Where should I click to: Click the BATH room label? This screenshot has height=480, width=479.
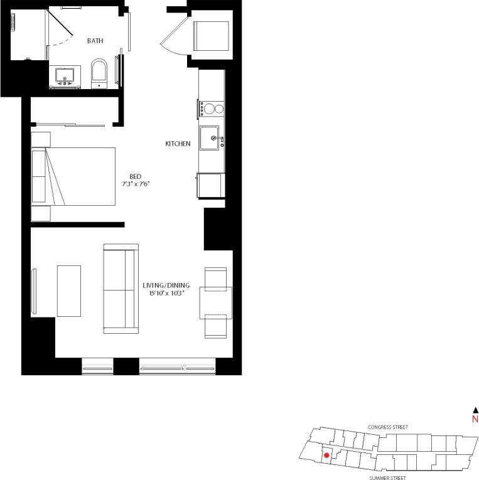coord(95,41)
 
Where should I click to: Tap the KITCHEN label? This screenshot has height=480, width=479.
coord(178,144)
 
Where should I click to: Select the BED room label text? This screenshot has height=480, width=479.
coord(136,176)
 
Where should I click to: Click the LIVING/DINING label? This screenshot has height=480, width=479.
coord(166,285)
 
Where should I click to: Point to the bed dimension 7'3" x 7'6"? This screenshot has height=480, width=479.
coord(137,184)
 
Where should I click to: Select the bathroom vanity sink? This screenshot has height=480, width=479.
coord(65,76)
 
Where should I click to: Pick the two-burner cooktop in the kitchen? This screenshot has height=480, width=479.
coord(212,109)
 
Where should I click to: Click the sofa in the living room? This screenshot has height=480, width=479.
coord(121,289)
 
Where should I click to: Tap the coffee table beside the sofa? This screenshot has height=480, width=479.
coord(69,291)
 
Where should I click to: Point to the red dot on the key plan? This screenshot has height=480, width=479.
coord(326,457)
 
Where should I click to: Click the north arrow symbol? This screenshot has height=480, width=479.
coord(475,409)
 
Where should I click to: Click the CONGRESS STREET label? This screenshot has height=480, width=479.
coord(388,427)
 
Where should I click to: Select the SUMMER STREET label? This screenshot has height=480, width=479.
coord(388,477)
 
